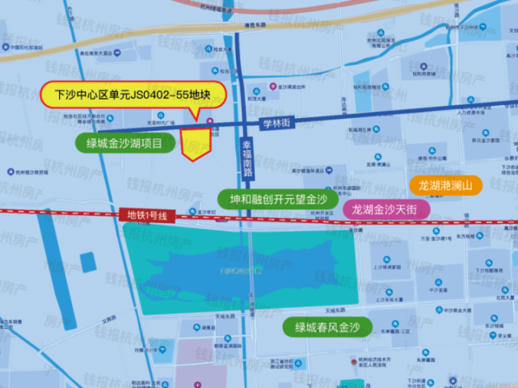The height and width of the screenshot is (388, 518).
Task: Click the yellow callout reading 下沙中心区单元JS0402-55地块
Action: click(133, 95)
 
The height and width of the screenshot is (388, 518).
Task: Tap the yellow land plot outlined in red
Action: click(195, 142)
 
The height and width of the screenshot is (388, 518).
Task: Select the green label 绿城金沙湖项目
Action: click(124, 144)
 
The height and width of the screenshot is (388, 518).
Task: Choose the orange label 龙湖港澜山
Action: click(445, 186)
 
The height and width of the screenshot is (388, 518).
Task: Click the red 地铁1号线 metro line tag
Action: click(146, 215)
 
